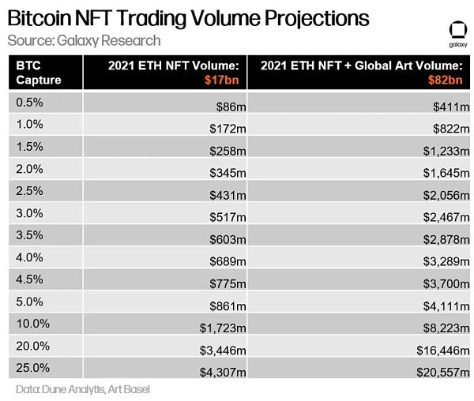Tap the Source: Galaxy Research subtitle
pyautogui.click(x=83, y=40)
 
